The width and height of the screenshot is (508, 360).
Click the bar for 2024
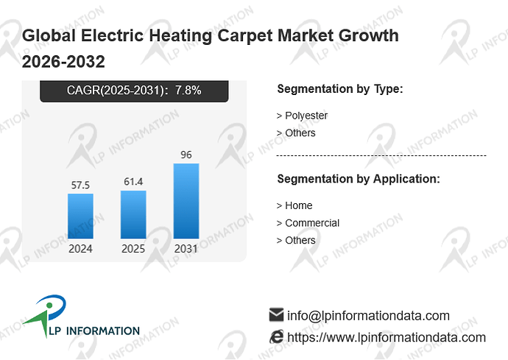tap(80, 216)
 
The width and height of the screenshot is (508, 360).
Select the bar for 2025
tap(133, 214)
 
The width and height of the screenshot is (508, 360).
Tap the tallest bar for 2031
tap(186, 201)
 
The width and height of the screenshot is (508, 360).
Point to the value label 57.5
tap(80, 185)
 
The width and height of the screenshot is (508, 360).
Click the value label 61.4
tap(133, 181)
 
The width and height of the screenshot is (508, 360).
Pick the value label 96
tap(186, 155)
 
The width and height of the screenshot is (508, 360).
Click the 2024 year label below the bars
tap(80, 249)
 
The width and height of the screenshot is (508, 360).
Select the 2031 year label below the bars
tap(186, 249)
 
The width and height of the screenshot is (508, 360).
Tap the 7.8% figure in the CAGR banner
tap(188, 90)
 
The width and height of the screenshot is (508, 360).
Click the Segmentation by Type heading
tap(340, 89)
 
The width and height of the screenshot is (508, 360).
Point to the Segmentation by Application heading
tap(359, 179)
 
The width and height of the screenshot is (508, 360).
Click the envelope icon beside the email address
tap(276, 314)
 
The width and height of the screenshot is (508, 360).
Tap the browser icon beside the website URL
tap(276, 336)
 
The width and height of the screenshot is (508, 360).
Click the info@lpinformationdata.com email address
tap(368, 316)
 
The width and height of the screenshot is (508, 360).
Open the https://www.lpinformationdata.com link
tap(387, 337)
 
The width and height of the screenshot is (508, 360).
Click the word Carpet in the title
tap(245, 35)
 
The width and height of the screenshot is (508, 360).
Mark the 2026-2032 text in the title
tap(63, 61)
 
